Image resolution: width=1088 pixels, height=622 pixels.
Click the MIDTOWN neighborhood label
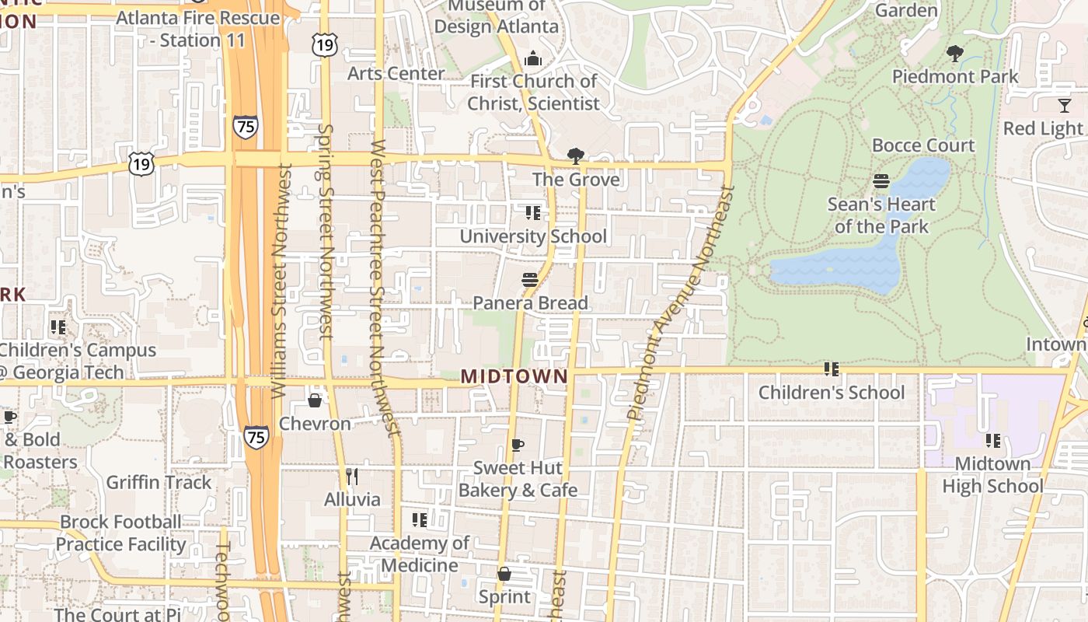(x=514, y=376)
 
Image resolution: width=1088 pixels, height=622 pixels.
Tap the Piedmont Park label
(x=955, y=76)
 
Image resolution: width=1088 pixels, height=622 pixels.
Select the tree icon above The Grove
(x=576, y=156)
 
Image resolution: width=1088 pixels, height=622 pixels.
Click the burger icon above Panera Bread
(x=530, y=279)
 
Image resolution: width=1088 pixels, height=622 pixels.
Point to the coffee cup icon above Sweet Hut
(x=518, y=445)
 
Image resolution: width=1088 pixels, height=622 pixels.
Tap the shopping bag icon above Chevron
(x=315, y=400)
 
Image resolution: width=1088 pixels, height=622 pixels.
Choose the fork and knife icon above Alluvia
(x=352, y=476)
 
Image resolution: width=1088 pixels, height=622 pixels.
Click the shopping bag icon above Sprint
(x=504, y=574)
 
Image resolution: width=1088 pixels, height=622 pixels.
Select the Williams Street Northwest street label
(x=281, y=281)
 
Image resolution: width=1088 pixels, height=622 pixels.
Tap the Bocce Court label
(x=922, y=145)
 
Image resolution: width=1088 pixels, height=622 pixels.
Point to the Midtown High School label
(x=992, y=475)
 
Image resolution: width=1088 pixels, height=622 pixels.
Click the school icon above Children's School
(x=832, y=369)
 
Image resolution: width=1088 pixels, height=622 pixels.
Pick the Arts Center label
(x=396, y=73)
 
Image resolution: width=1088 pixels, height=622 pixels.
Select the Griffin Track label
(x=159, y=482)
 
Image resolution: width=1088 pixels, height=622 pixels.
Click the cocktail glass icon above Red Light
(x=1064, y=105)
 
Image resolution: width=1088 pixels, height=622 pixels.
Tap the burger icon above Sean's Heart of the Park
(x=881, y=181)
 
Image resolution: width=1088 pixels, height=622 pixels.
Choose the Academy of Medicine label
(x=419, y=554)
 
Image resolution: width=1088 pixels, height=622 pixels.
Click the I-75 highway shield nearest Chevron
(x=256, y=436)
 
